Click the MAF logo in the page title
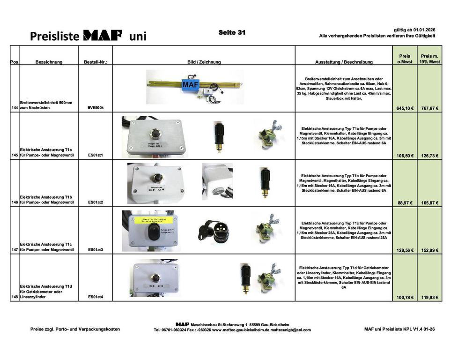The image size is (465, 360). click(x=103, y=35)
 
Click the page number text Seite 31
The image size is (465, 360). click(x=232, y=32)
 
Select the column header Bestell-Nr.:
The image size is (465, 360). click(x=96, y=62)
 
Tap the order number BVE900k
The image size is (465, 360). click(x=96, y=108)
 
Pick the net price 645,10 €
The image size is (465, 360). click(x=404, y=108)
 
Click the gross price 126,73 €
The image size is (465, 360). click(x=429, y=156)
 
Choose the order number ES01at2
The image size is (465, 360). click(x=96, y=202)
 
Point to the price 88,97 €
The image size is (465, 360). click(x=405, y=203)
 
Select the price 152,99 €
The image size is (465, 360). click(x=429, y=250)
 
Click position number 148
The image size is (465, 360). click(x=15, y=297)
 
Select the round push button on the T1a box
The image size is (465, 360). click(x=152, y=132)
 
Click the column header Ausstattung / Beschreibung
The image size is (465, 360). click(x=344, y=62)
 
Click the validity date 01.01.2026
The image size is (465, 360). click(x=424, y=29)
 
